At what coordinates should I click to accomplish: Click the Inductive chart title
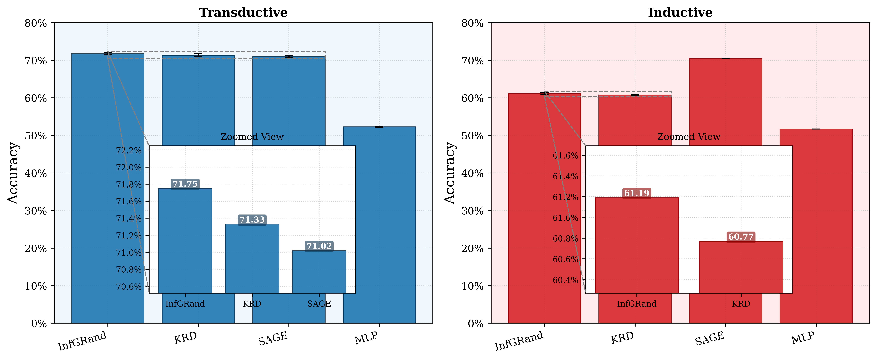pos(680,13)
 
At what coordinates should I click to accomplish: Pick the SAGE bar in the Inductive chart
pos(726,102)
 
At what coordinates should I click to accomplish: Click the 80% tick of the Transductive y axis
pos(36,23)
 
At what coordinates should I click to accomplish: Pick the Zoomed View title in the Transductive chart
pos(252,137)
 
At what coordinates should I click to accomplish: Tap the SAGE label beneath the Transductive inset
pos(319,304)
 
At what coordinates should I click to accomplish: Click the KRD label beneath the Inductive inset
pos(741,304)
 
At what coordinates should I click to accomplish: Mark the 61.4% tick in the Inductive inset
pos(565,176)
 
